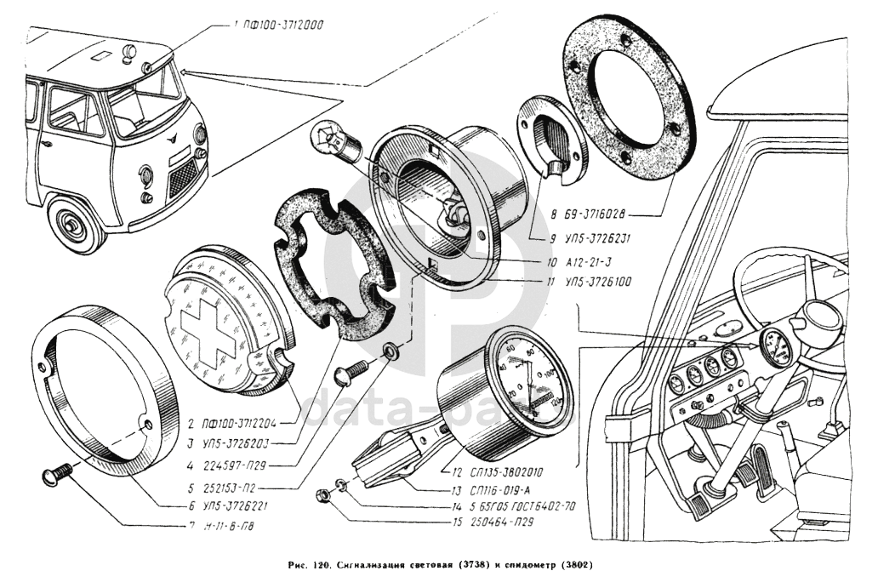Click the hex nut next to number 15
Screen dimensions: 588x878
coord(323,494)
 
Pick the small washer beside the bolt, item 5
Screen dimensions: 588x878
coord(391,351)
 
